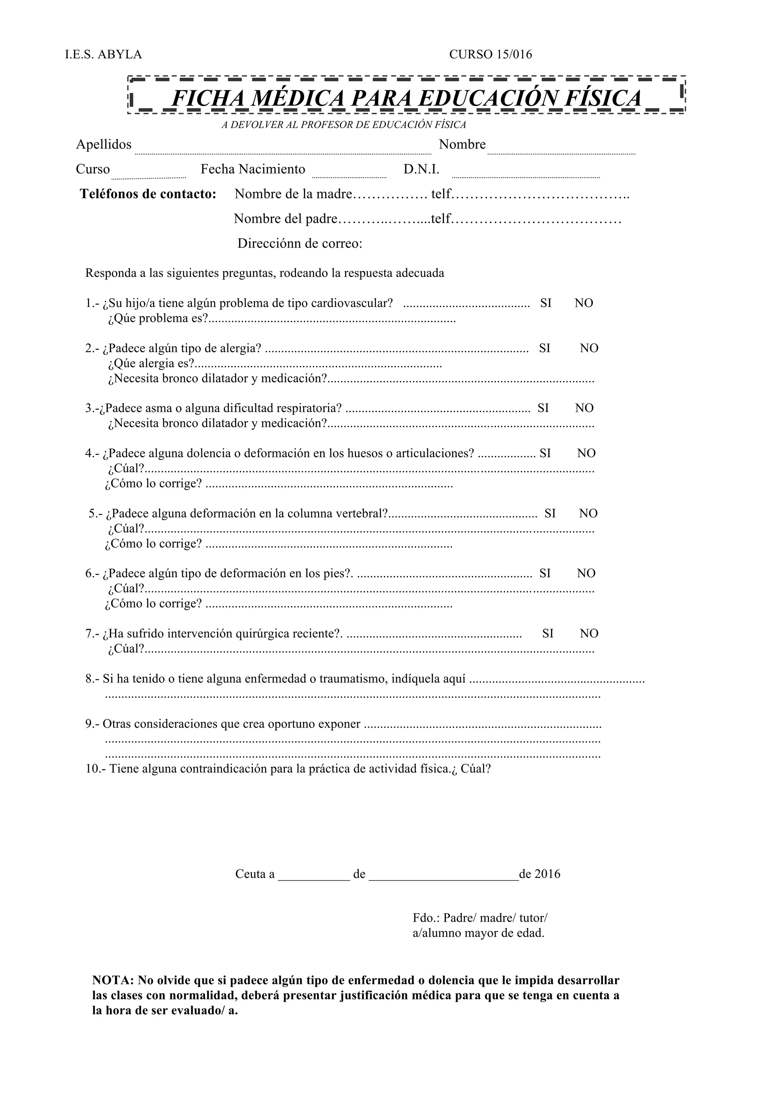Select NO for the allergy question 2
pos(589,348)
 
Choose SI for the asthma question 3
pos(543,408)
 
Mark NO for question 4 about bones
pos(586,453)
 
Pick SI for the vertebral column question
pos(550,514)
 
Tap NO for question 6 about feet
pos(586,574)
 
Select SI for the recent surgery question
pos(548,634)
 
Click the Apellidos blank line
pos(282,150)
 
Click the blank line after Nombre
pos(561,150)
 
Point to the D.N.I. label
pos(421,170)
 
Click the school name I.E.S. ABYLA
pos(104,55)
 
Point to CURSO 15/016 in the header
pos(490,55)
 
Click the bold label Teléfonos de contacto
pos(148,194)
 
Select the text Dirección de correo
pos(300,244)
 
